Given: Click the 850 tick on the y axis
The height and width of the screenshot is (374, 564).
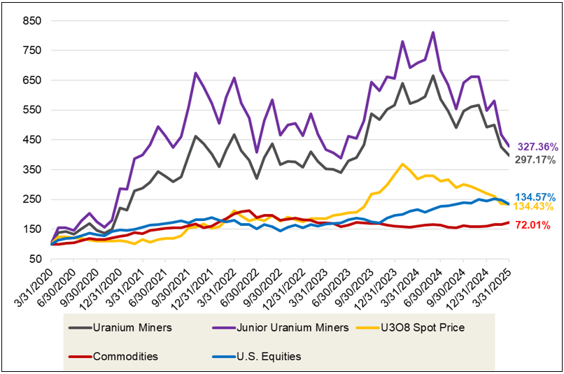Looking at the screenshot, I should click(x=31, y=21).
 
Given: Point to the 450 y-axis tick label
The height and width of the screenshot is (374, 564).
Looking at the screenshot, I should click(x=31, y=140).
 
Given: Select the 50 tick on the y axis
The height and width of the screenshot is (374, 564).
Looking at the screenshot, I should click(x=34, y=259).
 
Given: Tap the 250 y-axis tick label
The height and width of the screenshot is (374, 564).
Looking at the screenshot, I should click(x=31, y=200).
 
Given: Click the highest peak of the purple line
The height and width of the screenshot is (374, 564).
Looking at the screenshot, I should click(x=432, y=32).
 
